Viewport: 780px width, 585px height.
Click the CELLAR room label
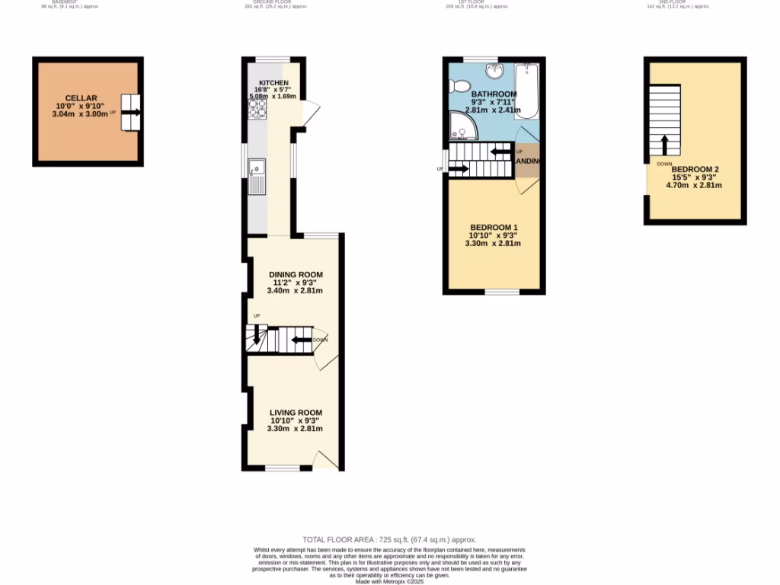pos(80,97)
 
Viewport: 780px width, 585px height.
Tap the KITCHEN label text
pos(273,82)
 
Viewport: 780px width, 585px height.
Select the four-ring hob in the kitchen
pos(256,112)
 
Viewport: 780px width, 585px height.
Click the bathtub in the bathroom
pos(526,91)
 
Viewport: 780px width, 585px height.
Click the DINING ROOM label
pos(296,275)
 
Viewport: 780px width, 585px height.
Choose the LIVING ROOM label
pos(295,412)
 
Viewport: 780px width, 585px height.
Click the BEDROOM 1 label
pos(494,228)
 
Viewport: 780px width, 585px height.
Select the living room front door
pos(325,459)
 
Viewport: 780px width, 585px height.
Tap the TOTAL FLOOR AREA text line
pos(389,539)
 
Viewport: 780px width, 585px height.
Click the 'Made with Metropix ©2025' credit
pos(389,581)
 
